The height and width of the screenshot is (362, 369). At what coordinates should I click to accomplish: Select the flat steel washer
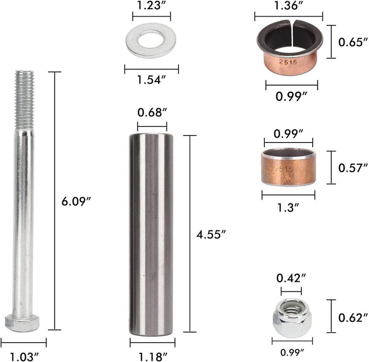pos(151,40)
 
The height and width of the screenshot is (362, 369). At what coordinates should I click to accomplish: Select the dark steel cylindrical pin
pos(151,235)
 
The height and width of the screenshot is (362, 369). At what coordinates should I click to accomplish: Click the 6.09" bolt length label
pos(76,202)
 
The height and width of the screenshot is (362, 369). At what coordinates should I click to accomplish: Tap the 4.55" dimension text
pos(211,235)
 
